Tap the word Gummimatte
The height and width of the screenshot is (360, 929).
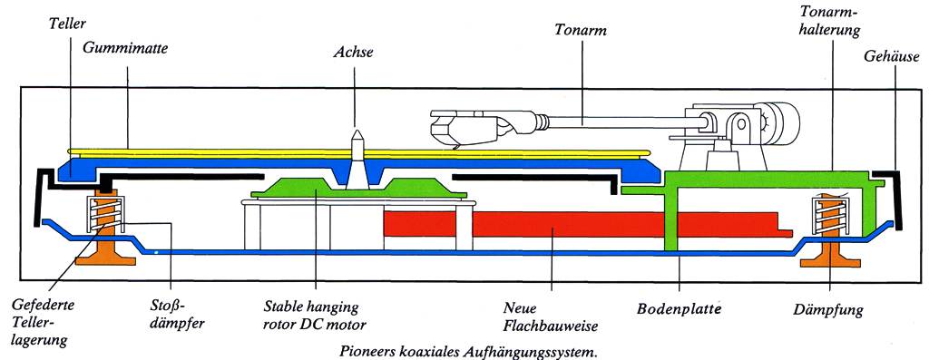[x=125, y=48]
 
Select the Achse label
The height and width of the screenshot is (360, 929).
[x=355, y=52]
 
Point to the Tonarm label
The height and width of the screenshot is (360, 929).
[x=581, y=30]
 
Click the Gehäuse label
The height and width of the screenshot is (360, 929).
[x=891, y=57]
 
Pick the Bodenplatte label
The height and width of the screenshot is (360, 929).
[x=679, y=309]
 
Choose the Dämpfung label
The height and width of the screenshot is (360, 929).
[x=827, y=309]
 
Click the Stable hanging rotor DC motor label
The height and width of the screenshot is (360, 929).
[x=315, y=316]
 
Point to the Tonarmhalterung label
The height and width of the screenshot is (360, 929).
[x=829, y=21]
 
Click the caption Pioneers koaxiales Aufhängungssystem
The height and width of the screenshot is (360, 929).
[x=469, y=351]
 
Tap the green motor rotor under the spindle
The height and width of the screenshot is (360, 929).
[x=359, y=189]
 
